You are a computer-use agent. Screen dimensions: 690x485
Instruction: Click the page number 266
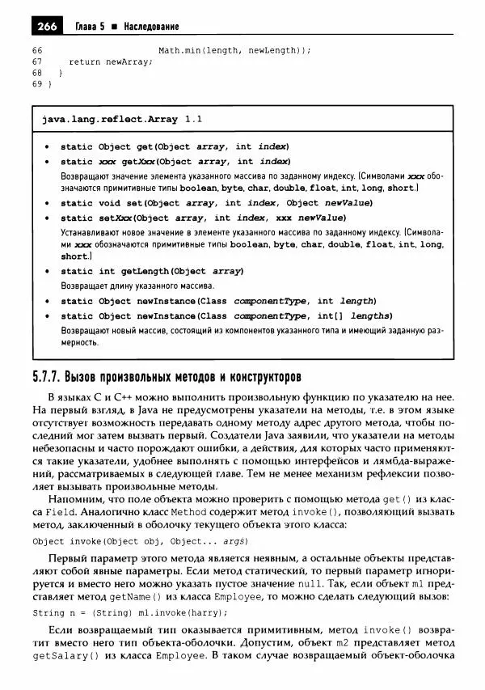coord(46,27)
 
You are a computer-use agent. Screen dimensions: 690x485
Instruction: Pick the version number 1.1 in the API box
coord(193,119)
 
